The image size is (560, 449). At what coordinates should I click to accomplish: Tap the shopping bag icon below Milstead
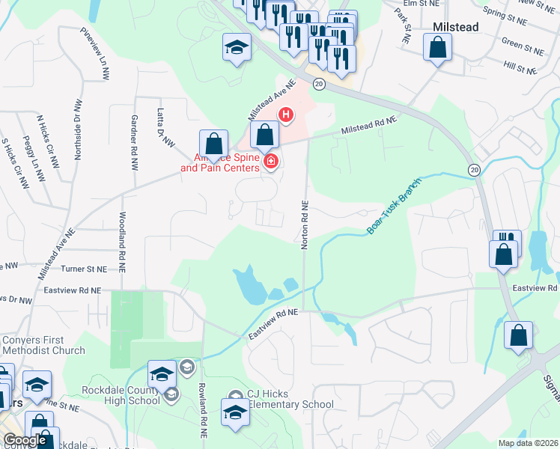pos(437,49)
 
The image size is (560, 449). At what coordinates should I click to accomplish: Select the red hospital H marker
pos(285,114)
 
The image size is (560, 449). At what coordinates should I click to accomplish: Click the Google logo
pos(25,441)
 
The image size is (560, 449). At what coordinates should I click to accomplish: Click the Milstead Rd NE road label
pos(368,125)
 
